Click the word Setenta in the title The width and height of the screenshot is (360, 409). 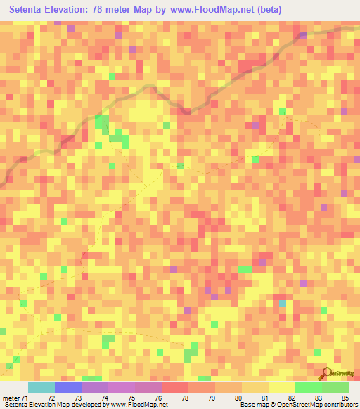pos(30,10)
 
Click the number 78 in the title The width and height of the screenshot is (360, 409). pos(103,10)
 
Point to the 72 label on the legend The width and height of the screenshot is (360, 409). pos(51,398)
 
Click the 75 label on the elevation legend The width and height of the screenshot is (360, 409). pos(131,398)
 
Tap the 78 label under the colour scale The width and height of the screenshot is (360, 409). pos(185,398)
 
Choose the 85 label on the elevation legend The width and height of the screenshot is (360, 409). pos(345,398)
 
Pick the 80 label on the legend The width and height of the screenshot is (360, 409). pos(238,398)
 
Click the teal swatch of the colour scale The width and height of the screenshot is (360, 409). pos(41,387)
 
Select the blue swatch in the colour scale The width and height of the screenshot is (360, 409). pos(67,387)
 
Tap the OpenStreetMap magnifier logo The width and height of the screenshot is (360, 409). pos(326,373)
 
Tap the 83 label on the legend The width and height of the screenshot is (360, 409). pos(319,398)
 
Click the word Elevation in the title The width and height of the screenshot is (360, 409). pos(70,10)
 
